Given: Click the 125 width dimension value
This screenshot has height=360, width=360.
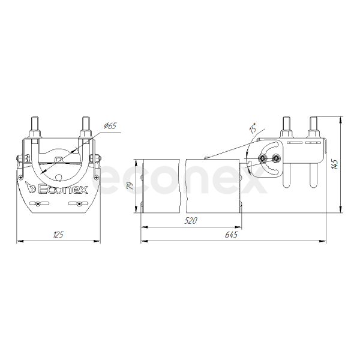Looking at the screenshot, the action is pos(58,235).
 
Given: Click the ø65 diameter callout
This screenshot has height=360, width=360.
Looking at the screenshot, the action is pos(110,125).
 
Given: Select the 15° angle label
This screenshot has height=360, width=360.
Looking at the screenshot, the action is pos(253,128).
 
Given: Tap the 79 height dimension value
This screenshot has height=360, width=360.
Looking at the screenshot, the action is pos(131,185).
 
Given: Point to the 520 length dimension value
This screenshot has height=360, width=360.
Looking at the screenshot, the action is pos(191,221).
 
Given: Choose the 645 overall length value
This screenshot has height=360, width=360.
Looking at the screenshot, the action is pos(231,235).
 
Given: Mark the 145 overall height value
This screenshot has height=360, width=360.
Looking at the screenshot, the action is pos(335,164).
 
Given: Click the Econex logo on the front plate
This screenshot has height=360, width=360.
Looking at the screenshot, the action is pos(56,188).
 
